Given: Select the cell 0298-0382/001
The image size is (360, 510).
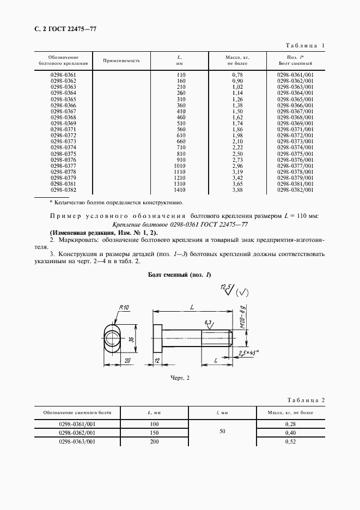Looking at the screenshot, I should click(x=295, y=190).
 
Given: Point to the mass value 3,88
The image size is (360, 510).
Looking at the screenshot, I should click(x=237, y=190).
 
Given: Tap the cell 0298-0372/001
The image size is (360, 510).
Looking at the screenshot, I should click(x=295, y=135).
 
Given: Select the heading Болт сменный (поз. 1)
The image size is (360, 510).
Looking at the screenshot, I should click(x=179, y=275).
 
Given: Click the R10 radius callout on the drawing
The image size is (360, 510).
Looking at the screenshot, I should click(x=124, y=308).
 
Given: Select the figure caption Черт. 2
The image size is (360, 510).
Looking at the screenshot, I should click(x=179, y=377).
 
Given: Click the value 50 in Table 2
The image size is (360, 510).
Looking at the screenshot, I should click(x=221, y=432).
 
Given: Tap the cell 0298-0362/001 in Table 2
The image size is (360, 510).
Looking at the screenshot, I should click(x=77, y=432).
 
